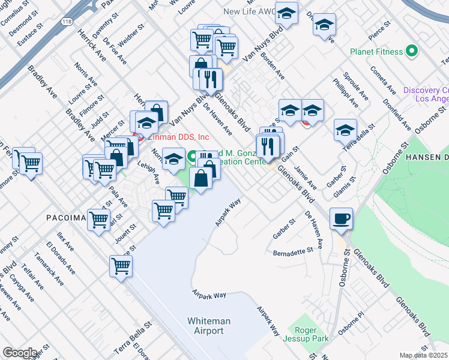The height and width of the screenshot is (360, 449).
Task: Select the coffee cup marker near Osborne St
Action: pos(342,219)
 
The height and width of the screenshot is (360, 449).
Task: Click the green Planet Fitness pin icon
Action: pos(412,52)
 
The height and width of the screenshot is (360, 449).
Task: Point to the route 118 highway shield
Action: pos(65,21)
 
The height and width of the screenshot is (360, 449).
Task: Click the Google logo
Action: pos(20,353)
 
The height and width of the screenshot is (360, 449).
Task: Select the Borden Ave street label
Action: pos(277,68)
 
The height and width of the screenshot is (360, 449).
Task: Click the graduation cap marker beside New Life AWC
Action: pos(286,14)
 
